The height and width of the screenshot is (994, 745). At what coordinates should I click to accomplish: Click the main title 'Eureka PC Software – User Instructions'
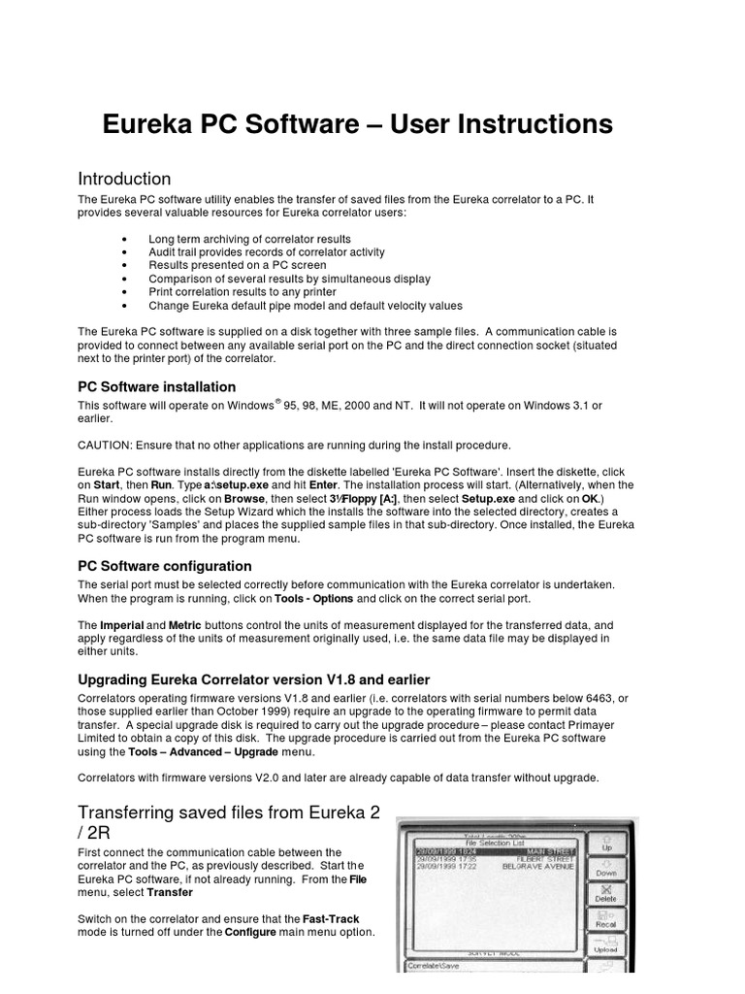(x=358, y=124)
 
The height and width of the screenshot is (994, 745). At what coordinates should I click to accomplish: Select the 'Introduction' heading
(x=124, y=179)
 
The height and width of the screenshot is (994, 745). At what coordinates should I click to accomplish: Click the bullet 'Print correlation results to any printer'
(x=242, y=292)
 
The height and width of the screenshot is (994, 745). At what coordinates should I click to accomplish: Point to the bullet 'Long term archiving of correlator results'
(x=249, y=239)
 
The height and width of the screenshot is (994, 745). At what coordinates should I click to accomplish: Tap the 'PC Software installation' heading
(x=156, y=386)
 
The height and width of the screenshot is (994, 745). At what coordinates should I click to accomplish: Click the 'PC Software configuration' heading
(x=164, y=566)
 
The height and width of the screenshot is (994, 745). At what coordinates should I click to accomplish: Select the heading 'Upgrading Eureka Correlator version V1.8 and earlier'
(x=253, y=679)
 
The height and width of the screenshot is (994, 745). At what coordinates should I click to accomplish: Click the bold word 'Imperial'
(x=121, y=626)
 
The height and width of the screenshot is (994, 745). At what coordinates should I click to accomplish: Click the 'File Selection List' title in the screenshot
(x=494, y=842)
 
